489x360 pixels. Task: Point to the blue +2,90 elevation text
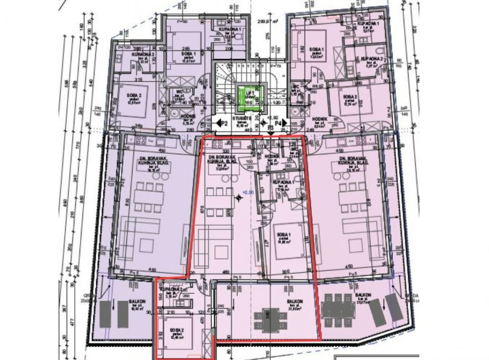(248, 191)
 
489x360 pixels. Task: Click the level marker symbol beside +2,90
(238, 197)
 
